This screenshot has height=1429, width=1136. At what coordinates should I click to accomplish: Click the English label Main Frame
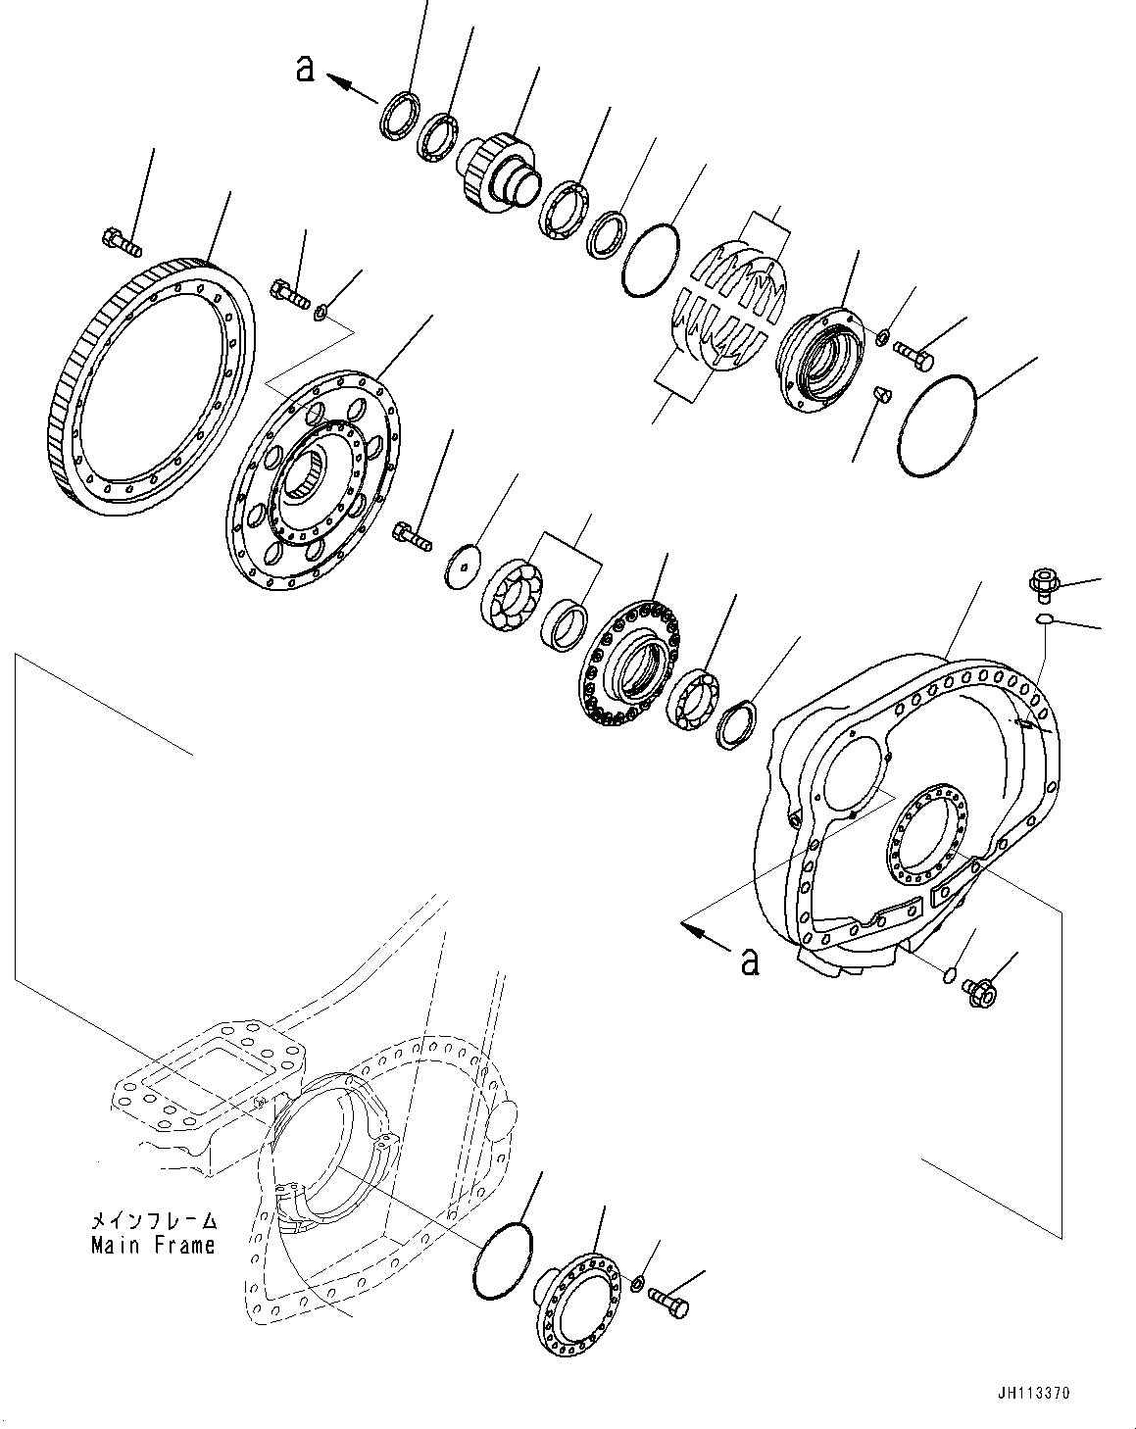pyautogui.click(x=152, y=1246)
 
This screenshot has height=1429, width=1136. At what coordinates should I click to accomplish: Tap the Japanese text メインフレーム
pyautogui.click(x=152, y=1223)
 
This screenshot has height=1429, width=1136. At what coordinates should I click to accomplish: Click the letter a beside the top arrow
pyautogui.click(x=306, y=69)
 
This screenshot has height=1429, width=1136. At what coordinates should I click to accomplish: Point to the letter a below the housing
pyautogui.click(x=751, y=961)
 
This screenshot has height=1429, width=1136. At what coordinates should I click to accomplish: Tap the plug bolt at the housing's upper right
pyautogui.click(x=1042, y=583)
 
